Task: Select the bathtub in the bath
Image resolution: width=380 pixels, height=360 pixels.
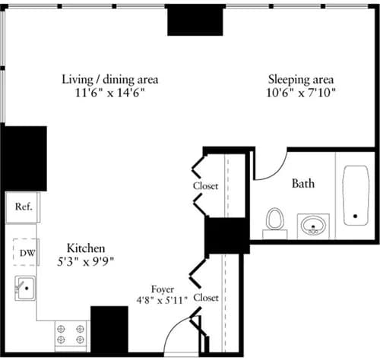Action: pyautogui.click(x=355, y=196)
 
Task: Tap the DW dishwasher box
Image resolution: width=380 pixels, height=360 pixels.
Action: pyautogui.click(x=24, y=251)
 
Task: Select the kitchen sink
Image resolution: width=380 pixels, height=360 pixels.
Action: pyautogui.click(x=25, y=288)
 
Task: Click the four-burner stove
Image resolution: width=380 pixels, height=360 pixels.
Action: pyautogui.click(x=69, y=333)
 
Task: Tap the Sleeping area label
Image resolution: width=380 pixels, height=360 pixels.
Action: pyautogui.click(x=301, y=78)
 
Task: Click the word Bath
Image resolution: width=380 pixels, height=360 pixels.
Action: pyautogui.click(x=303, y=183)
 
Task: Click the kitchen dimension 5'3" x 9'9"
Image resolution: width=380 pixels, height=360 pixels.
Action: pyautogui.click(x=85, y=261)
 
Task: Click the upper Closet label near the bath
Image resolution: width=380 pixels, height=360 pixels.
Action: pyautogui.click(x=205, y=186)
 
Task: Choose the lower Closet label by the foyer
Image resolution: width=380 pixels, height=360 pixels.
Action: pyautogui.click(x=205, y=298)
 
